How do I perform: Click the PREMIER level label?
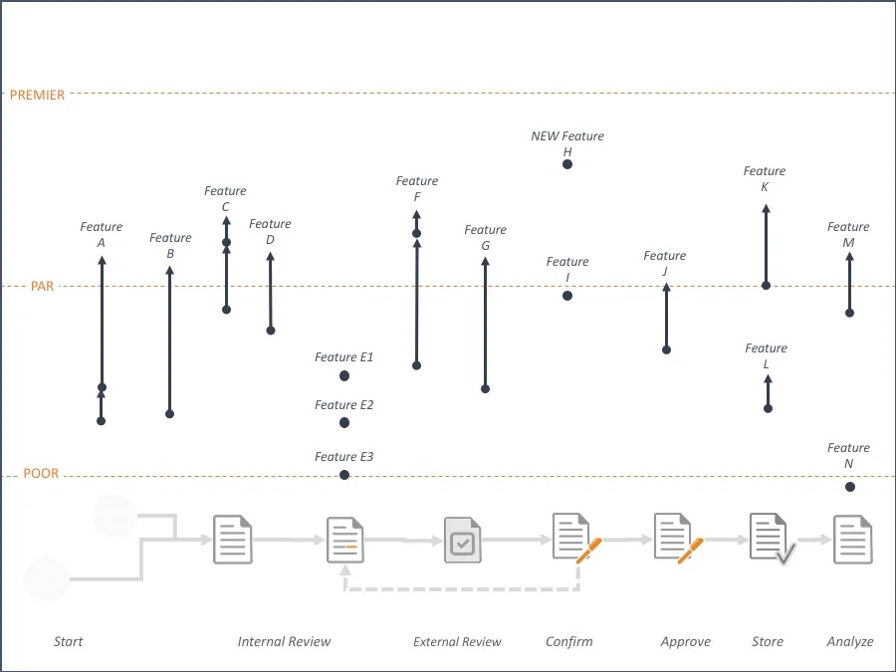37,96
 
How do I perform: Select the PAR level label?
42,287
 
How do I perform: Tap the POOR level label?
41,474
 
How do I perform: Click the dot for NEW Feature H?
567,164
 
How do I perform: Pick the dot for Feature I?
567,296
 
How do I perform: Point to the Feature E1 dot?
344,376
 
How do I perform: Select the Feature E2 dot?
344,423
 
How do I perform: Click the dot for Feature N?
849,487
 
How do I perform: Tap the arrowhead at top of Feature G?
486,262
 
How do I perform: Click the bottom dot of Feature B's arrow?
170,414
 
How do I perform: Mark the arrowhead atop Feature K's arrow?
766,209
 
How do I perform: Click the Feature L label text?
766,356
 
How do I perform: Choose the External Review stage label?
457,642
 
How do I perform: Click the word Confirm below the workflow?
568,642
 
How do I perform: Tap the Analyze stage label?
849,642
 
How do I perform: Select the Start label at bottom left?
68,642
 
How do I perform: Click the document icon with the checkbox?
461,541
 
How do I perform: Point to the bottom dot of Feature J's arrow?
667,350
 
